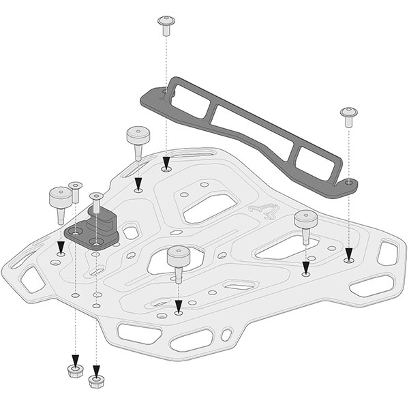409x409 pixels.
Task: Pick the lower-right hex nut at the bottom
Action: tap(96, 380)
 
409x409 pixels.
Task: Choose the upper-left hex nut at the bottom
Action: tap(75, 371)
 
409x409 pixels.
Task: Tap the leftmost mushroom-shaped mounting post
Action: tap(59, 202)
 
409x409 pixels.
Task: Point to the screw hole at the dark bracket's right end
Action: tap(348, 182)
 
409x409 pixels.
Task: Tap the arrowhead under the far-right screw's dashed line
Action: tap(349, 254)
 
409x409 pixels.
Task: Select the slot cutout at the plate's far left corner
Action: tap(32, 279)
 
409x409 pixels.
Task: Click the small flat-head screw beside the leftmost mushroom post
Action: tap(75, 190)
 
